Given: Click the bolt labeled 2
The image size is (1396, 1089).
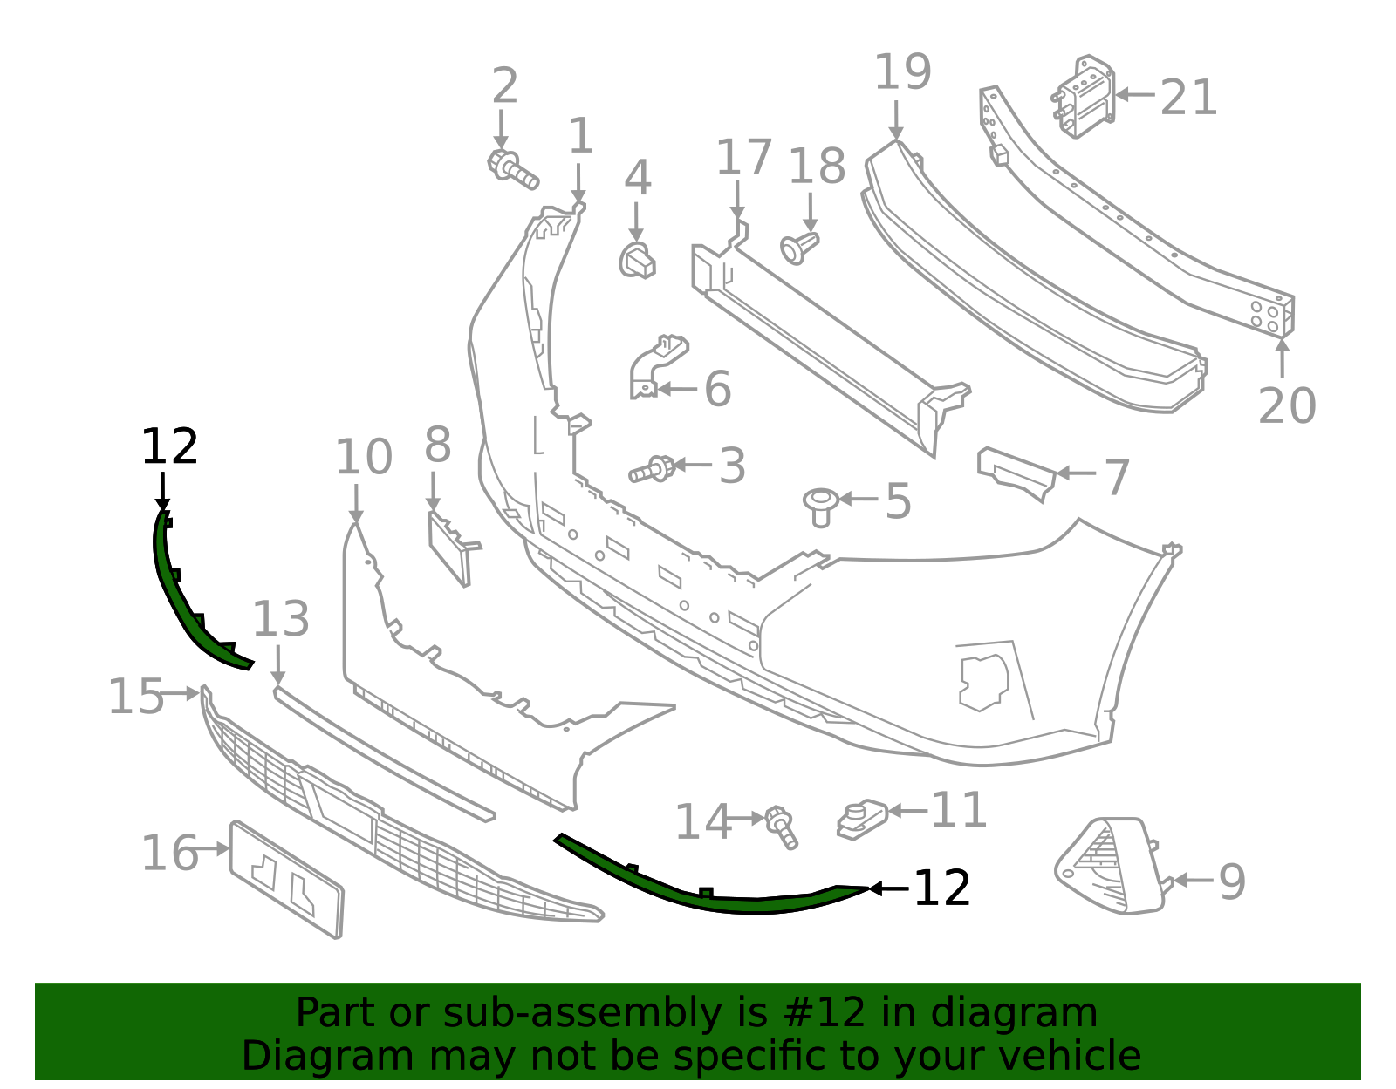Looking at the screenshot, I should [511, 168].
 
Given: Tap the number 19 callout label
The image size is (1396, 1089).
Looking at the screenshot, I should [902, 72].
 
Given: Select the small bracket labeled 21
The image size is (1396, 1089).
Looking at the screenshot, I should [1087, 97].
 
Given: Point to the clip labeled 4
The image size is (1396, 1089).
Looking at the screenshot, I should [638, 261].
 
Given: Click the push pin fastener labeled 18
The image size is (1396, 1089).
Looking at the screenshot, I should [799, 248].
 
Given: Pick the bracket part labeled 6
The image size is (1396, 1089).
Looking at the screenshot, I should [654, 366].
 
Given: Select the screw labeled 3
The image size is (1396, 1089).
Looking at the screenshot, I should [651, 469].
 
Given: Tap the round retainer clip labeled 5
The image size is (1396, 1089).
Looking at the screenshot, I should [820, 505].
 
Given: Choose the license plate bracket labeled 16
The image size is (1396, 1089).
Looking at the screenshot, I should [287, 879].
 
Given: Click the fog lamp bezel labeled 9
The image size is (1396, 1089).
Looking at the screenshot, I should [1108, 867].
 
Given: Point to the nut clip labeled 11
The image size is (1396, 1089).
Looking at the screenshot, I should [861, 819].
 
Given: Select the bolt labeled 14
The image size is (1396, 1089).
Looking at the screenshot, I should [781, 827].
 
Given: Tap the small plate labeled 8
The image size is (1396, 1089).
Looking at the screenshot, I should [450, 547].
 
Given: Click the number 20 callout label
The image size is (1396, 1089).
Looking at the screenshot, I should [1287, 406].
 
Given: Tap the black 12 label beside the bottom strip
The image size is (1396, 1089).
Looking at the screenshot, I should [941, 888].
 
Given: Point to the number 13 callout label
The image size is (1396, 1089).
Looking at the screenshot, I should [280, 620].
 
